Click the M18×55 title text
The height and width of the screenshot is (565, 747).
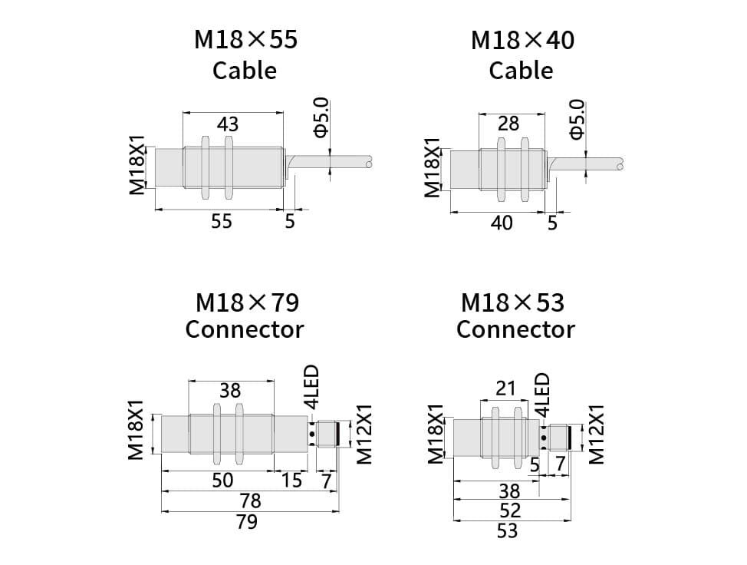click(x=245, y=40)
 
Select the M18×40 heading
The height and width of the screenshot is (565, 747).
click(x=522, y=40)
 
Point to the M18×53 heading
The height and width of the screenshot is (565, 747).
click(x=512, y=302)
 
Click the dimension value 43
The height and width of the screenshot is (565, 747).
click(x=228, y=124)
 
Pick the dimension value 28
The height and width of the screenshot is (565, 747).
click(x=508, y=124)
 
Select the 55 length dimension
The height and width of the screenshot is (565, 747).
click(x=222, y=222)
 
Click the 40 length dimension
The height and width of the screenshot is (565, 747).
click(x=502, y=223)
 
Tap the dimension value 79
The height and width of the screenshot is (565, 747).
click(x=246, y=522)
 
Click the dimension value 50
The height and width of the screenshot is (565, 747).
click(x=222, y=481)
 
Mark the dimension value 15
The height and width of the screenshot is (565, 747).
click(x=292, y=481)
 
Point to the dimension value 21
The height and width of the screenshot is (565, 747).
click(x=505, y=389)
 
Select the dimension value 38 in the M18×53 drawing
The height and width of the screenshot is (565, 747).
click(x=509, y=491)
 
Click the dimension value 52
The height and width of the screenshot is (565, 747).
click(x=509, y=510)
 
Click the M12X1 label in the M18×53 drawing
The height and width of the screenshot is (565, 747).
click(x=596, y=434)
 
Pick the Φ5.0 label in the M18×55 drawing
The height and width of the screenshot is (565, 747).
click(x=321, y=117)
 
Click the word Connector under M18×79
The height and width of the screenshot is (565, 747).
click(x=245, y=330)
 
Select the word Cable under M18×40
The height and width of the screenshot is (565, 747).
click(x=521, y=71)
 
